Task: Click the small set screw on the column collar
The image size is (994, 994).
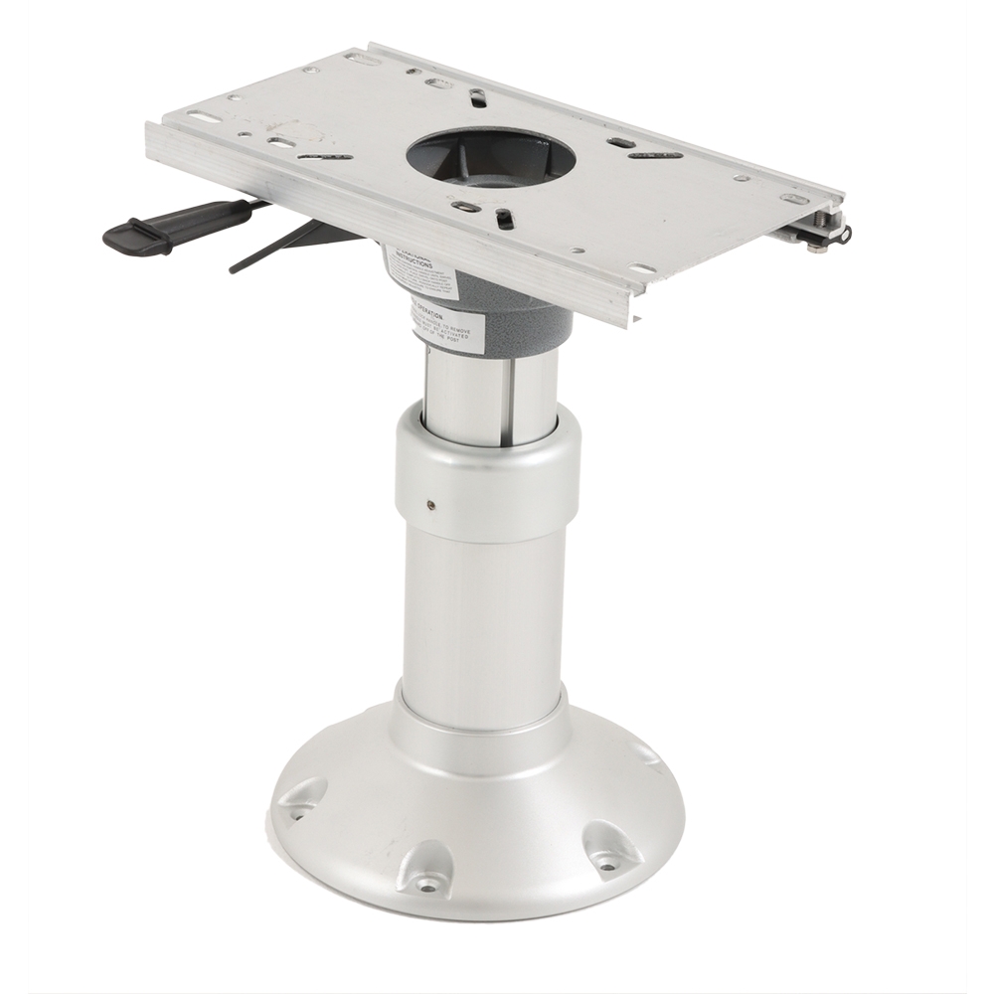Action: [x=429, y=505]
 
